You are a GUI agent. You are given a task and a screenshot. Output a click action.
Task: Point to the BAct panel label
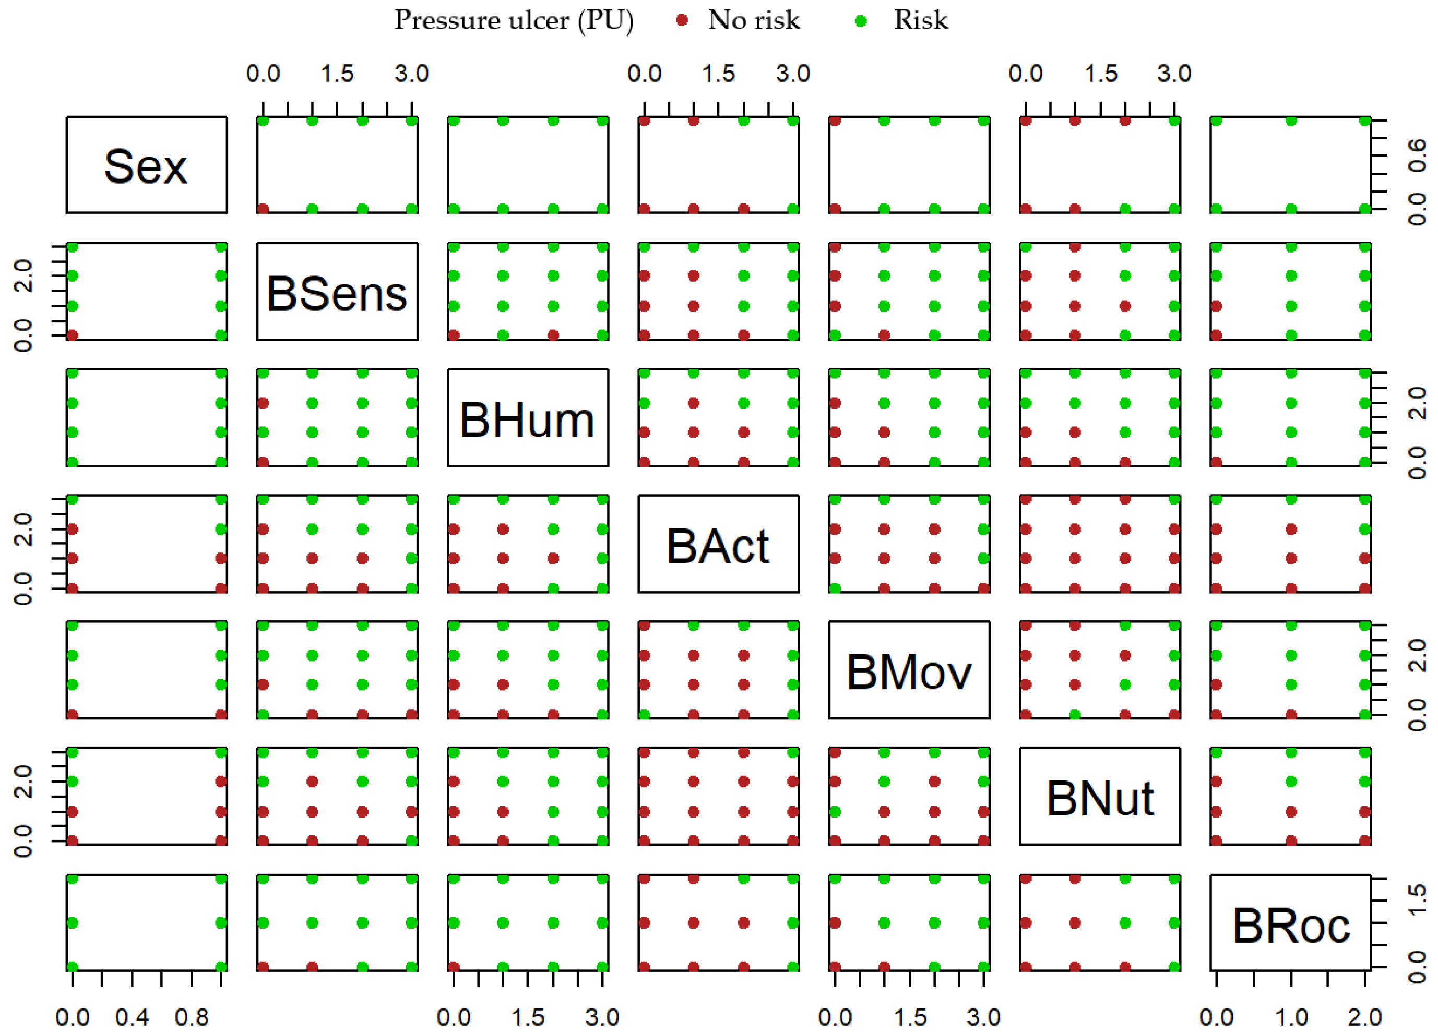(x=718, y=546)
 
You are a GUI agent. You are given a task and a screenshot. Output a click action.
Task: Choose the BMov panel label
(x=909, y=672)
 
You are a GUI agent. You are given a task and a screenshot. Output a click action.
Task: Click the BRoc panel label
(x=1290, y=926)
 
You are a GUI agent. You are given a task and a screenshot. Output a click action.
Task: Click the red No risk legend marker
(x=682, y=20)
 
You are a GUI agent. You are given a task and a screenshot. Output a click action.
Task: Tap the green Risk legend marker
(x=860, y=21)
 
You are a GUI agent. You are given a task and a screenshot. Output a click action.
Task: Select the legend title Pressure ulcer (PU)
(x=514, y=20)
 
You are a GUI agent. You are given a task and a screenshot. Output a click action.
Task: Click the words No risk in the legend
(x=754, y=20)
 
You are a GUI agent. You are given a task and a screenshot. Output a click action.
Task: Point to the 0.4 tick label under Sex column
(x=132, y=1017)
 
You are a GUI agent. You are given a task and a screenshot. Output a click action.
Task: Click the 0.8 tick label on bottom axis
(x=192, y=1017)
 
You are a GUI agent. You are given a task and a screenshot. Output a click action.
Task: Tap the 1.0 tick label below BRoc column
(x=1291, y=1017)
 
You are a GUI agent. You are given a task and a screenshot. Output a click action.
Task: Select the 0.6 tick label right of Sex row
(x=1418, y=156)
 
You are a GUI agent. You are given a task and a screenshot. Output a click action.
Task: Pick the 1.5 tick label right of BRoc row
(x=1418, y=900)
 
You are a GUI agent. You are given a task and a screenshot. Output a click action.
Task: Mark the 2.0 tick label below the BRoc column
(x=1364, y=1017)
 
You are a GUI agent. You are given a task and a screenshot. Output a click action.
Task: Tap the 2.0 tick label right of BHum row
(x=1418, y=403)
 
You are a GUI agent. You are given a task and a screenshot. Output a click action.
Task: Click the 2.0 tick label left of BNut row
(x=23, y=781)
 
